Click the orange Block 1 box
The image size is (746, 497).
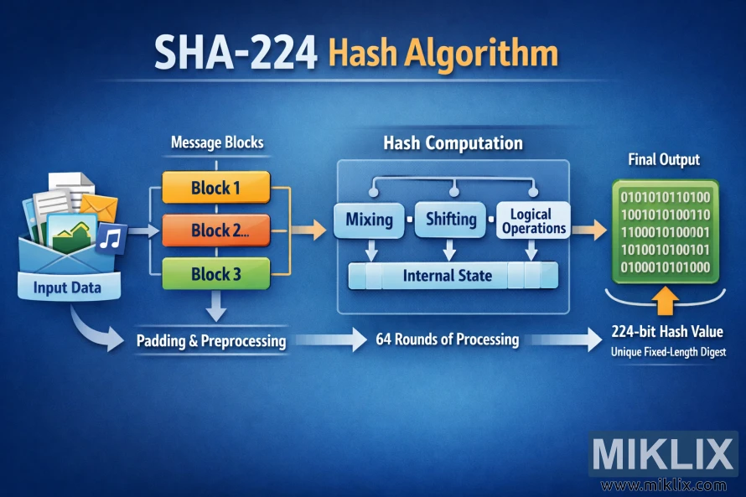coord(216,188)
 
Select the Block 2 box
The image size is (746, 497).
coord(216,230)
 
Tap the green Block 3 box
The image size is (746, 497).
coord(216,274)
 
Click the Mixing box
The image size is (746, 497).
coord(369,220)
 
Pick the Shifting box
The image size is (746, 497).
coord(451,220)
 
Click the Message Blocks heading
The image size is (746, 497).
coord(216,142)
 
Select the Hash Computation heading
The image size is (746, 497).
coord(453,143)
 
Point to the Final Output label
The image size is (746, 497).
coord(664,159)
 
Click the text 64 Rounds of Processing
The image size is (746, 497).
coord(447,339)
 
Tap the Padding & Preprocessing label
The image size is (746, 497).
coord(210,341)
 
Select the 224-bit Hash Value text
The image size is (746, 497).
coord(667,331)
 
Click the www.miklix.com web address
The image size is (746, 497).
coord(663,484)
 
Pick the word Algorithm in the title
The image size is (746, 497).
coord(479,54)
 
